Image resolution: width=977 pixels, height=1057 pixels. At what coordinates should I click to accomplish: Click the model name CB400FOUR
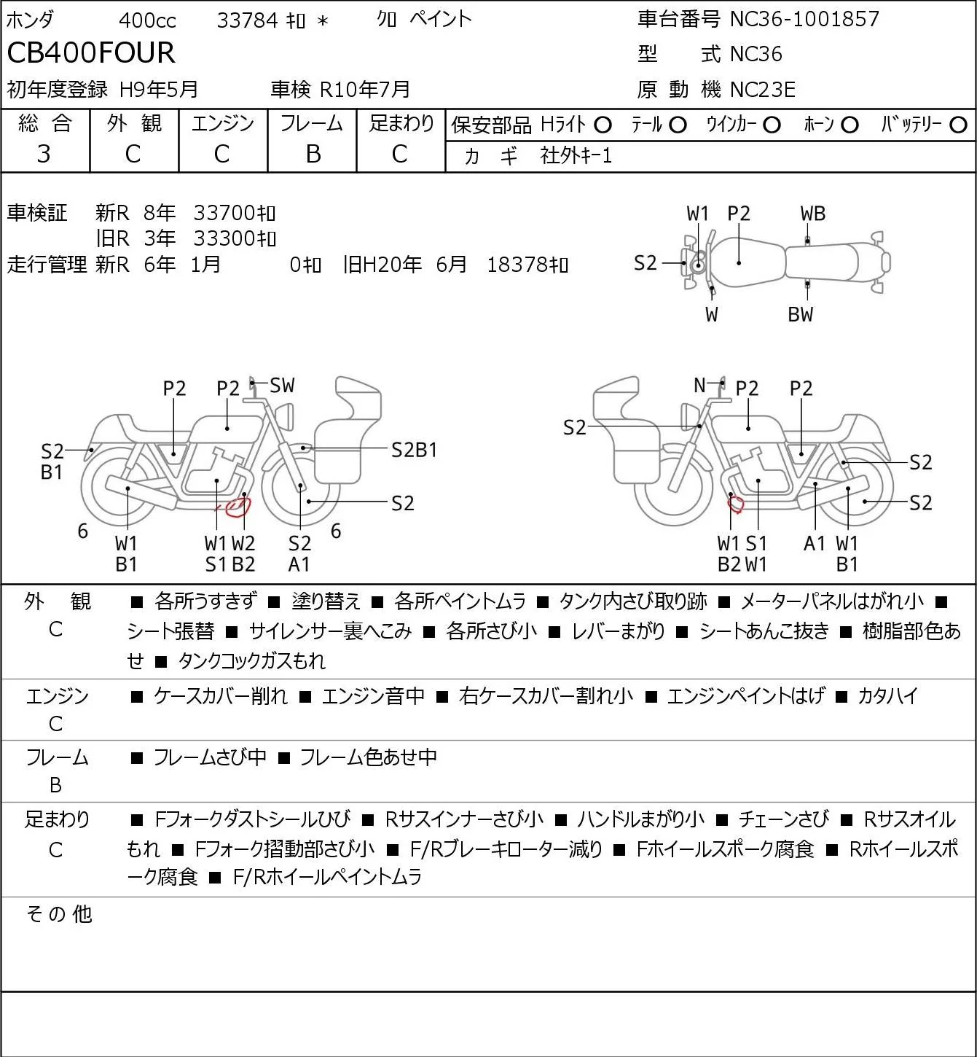(x=91, y=52)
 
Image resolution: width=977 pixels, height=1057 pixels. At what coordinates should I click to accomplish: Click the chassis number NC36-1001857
(x=804, y=19)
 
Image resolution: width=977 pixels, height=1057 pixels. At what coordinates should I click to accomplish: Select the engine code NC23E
(x=763, y=90)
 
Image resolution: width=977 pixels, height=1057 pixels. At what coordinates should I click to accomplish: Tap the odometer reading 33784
(x=247, y=20)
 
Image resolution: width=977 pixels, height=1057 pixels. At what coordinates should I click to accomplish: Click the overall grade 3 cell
(x=44, y=154)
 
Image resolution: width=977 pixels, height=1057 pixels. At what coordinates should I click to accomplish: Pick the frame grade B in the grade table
(x=313, y=154)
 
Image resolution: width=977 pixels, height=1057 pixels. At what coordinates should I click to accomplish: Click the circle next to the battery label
(x=958, y=125)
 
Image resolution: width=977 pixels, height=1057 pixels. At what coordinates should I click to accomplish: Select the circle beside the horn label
(x=850, y=125)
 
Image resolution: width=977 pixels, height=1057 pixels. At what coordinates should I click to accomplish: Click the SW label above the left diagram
(x=282, y=386)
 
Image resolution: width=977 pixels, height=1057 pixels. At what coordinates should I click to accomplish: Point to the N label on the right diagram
(x=699, y=385)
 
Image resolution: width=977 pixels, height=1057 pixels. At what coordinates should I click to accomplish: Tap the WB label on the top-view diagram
(x=812, y=214)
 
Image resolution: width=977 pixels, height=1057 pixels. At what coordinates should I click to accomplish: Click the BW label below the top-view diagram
(x=801, y=314)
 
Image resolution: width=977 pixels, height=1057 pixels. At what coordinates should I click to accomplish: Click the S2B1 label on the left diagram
(x=414, y=451)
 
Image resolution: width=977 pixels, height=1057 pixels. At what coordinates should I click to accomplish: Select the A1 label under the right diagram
(x=815, y=543)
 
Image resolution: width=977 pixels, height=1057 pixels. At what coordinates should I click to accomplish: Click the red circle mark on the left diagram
(x=238, y=507)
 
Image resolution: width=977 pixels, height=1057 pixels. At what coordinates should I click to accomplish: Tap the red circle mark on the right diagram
(x=736, y=503)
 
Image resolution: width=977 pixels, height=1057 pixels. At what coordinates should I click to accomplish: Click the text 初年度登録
(x=58, y=90)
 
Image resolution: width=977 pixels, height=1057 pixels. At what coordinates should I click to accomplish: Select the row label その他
(x=59, y=914)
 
